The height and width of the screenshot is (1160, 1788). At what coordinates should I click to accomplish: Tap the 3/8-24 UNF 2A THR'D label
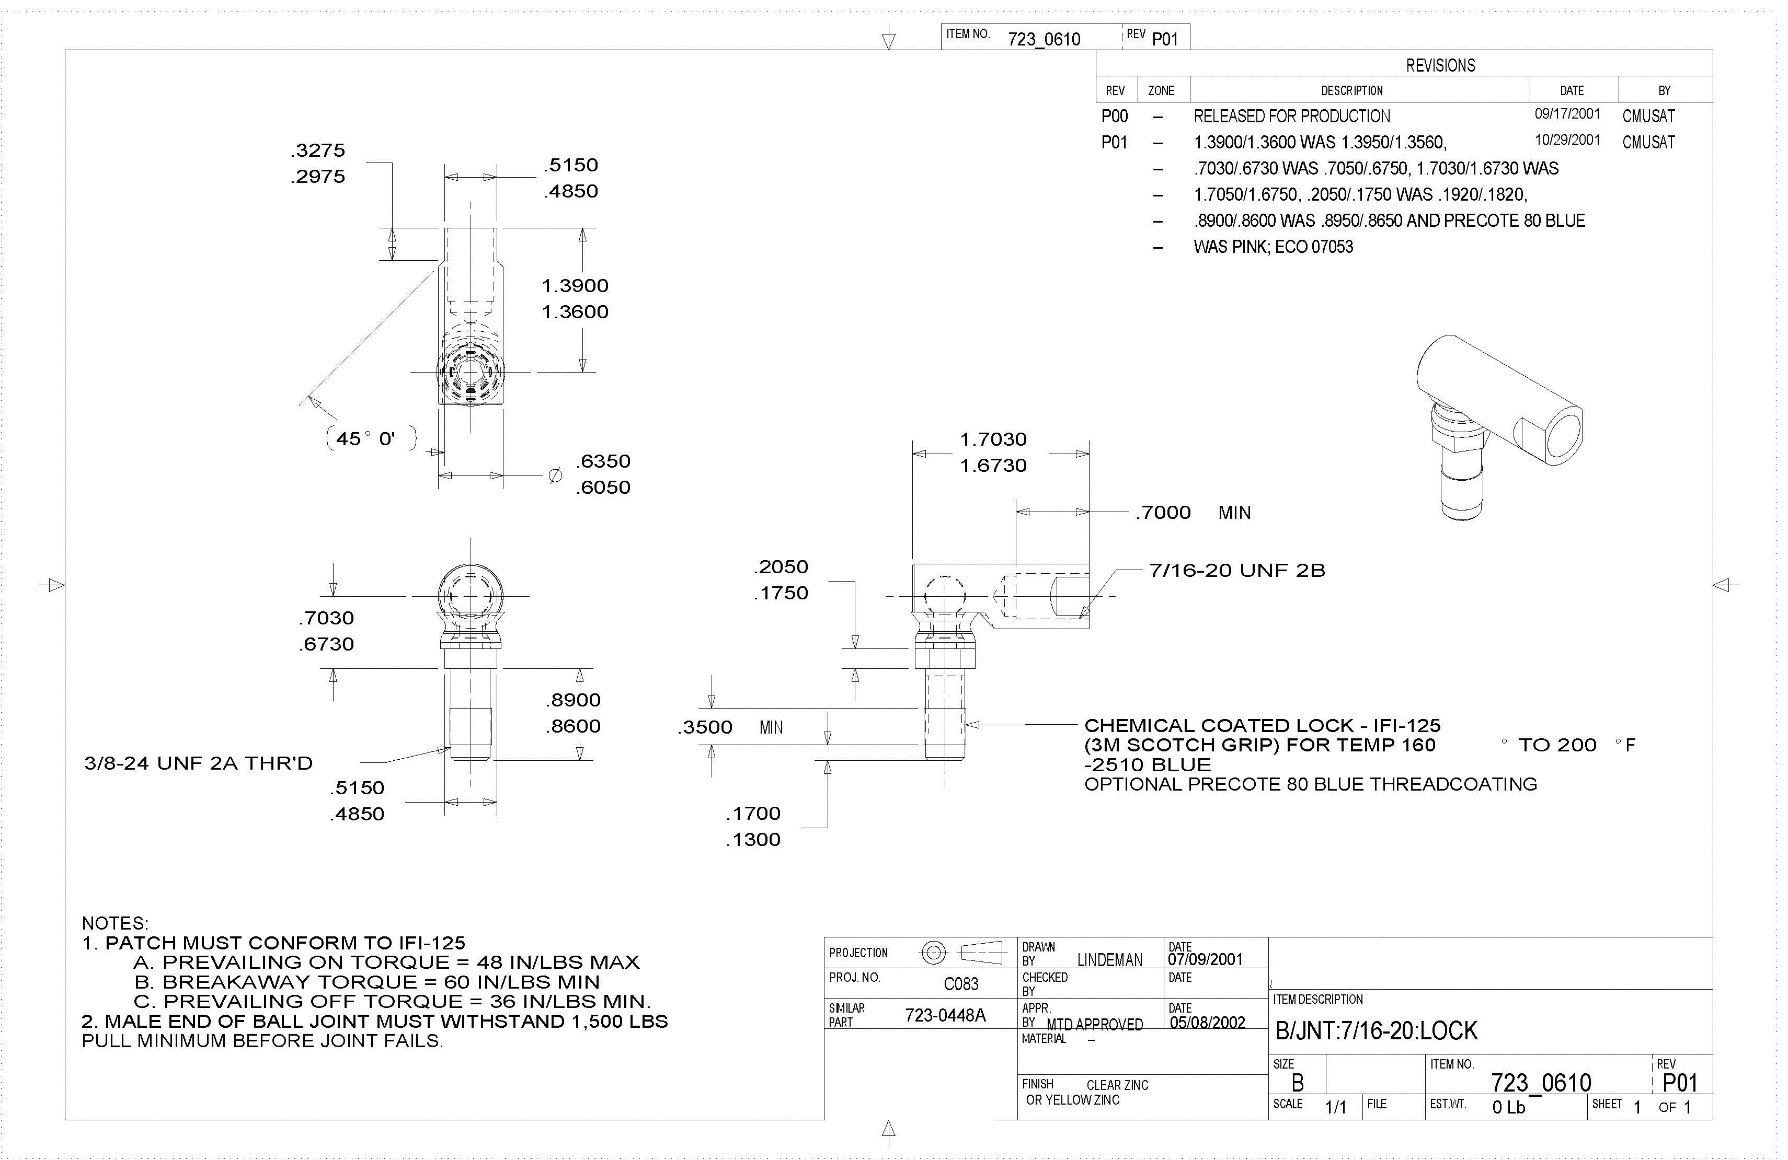[x=198, y=763]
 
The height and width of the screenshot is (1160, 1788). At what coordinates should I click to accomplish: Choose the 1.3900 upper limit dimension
[x=575, y=285]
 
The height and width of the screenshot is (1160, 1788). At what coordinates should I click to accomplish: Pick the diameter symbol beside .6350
[x=555, y=475]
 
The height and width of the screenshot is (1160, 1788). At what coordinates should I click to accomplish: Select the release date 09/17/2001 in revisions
[x=1567, y=114]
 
